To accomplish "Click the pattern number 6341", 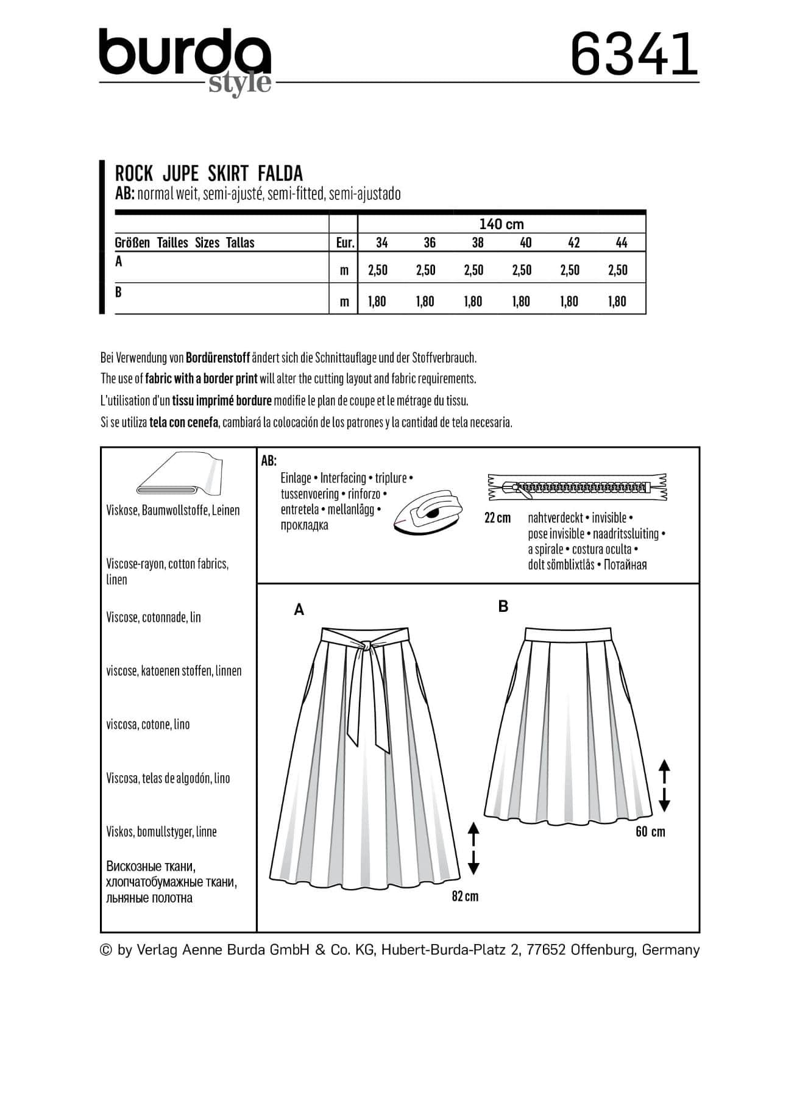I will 634,54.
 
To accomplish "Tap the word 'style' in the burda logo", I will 239,83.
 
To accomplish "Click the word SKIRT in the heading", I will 228,173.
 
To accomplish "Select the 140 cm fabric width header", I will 501,224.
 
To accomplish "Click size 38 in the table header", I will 477,243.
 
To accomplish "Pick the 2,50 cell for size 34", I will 378,270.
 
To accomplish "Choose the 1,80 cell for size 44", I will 617,301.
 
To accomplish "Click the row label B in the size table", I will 118,293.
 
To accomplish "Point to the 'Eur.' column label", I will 345,243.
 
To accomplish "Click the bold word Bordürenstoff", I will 218,357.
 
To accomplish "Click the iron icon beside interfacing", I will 428,512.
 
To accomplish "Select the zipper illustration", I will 576,487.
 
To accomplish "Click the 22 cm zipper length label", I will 497,518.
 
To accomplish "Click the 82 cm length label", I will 465,896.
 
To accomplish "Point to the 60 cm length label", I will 650,832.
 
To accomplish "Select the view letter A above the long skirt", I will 299,609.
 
